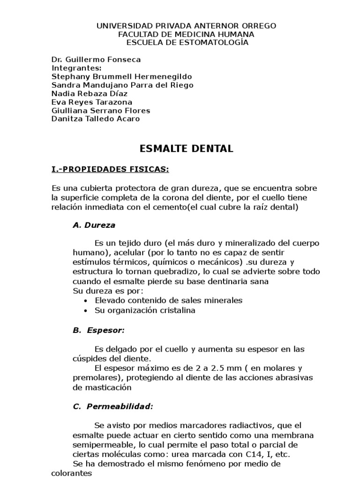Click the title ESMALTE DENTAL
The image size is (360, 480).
tap(187, 149)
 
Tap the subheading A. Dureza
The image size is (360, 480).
tap(94, 225)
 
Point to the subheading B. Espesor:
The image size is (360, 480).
tap(98, 330)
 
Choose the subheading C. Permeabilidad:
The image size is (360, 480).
tap(113, 406)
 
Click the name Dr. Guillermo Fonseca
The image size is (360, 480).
tap(96, 60)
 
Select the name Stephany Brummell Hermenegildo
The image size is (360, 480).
tap(121, 76)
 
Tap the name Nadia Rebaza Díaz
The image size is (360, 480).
tap(90, 93)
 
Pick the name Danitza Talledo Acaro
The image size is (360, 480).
tap(96, 119)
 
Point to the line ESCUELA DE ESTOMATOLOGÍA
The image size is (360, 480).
tap(187, 43)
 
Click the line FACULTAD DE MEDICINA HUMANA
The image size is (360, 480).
tap(187, 34)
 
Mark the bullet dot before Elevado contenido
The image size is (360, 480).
tap(85, 301)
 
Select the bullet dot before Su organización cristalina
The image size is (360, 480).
tap(85, 311)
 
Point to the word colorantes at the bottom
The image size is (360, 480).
tap(72, 473)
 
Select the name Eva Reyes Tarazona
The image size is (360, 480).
tap(92, 102)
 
